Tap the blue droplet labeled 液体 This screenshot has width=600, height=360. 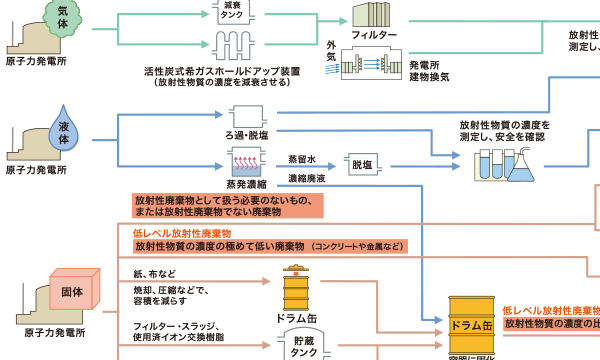point(66,128)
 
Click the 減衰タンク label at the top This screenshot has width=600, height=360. point(231,13)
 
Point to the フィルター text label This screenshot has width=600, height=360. point(375,36)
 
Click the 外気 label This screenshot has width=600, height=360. point(331,52)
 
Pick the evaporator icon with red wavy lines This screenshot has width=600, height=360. point(246,160)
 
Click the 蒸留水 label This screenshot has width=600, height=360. point(301,158)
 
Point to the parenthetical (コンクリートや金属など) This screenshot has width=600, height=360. point(357,246)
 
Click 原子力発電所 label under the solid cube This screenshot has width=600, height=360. point(51,331)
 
